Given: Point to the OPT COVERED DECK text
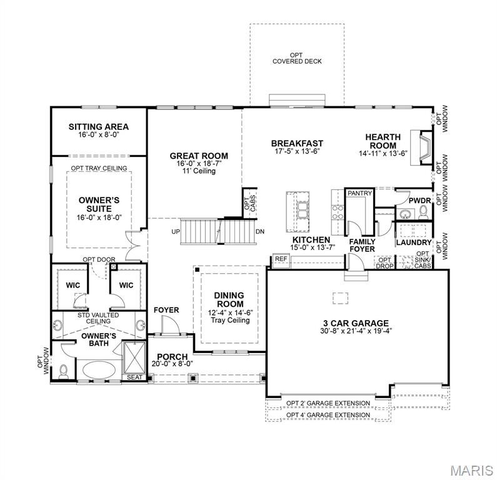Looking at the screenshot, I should point(296,58).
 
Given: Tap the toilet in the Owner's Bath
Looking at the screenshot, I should point(64,370).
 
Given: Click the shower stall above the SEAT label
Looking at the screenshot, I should point(134,357).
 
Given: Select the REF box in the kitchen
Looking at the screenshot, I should point(281,259).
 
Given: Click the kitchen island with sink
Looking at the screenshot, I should point(299,210).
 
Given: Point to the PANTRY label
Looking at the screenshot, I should point(359,194).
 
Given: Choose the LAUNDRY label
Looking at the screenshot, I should point(414,242).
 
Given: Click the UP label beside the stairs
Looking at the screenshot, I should point(176,232).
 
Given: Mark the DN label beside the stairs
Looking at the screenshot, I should point(260,232).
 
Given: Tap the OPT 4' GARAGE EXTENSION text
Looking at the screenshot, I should point(328,415).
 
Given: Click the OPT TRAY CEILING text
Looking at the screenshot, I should point(99,168).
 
